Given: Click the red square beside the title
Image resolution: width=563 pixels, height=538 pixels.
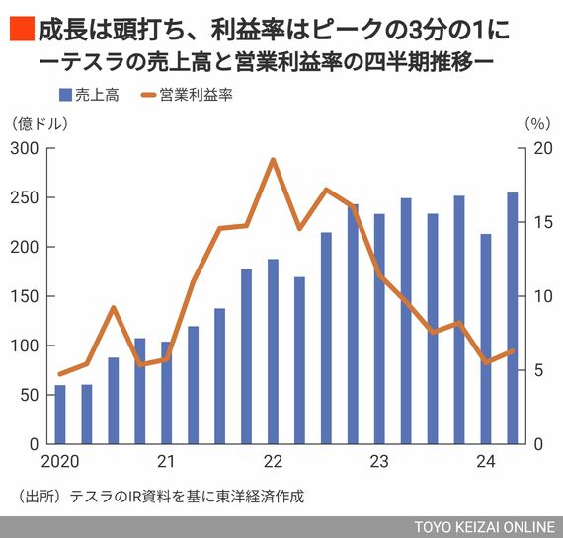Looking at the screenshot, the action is point(22,29).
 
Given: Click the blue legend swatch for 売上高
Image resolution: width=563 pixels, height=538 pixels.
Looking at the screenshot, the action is point(65,95).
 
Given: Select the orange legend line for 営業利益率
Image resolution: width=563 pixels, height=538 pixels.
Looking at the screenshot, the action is point(148,95).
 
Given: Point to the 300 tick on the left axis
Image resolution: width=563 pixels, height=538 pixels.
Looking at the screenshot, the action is point(24,149).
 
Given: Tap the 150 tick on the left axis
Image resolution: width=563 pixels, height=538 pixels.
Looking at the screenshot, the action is point(24,297).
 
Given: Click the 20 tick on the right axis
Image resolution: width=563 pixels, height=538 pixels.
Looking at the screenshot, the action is point(543,149).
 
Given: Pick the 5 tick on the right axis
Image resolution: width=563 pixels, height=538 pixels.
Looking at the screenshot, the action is point(538,370).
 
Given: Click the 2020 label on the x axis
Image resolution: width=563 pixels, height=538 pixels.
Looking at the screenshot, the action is point(60,462).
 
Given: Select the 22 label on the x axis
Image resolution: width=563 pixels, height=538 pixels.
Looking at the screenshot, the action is point(274,462).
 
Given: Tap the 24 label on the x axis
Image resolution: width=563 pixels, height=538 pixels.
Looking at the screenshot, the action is point(486,462).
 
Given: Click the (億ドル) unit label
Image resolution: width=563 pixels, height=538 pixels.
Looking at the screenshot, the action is point(40,124).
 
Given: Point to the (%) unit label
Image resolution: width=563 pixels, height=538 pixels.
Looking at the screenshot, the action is point(537,124).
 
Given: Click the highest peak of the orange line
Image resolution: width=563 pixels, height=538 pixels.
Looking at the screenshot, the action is point(274,160).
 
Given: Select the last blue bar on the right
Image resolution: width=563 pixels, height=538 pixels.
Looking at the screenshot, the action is point(513,318).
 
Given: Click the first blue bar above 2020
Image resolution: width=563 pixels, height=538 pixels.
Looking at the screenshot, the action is point(60,415).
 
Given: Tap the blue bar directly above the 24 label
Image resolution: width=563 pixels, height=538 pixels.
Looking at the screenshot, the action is point(486,340).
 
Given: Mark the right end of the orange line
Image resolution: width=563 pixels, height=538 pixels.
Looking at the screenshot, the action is point(513,351).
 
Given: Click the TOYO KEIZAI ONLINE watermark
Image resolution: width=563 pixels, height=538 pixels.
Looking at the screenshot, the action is point(485,527).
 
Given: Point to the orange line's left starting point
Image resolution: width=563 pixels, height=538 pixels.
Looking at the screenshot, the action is point(60,374).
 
